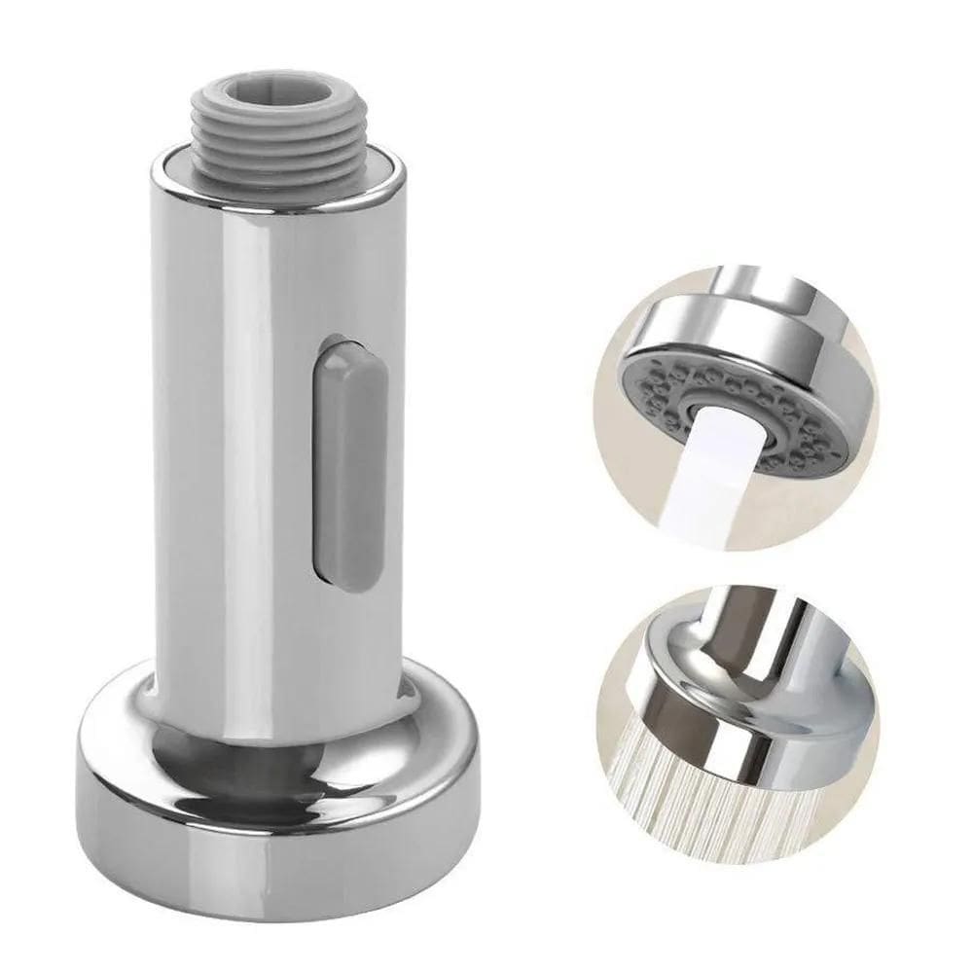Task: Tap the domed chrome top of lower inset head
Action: tap(681, 652)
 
